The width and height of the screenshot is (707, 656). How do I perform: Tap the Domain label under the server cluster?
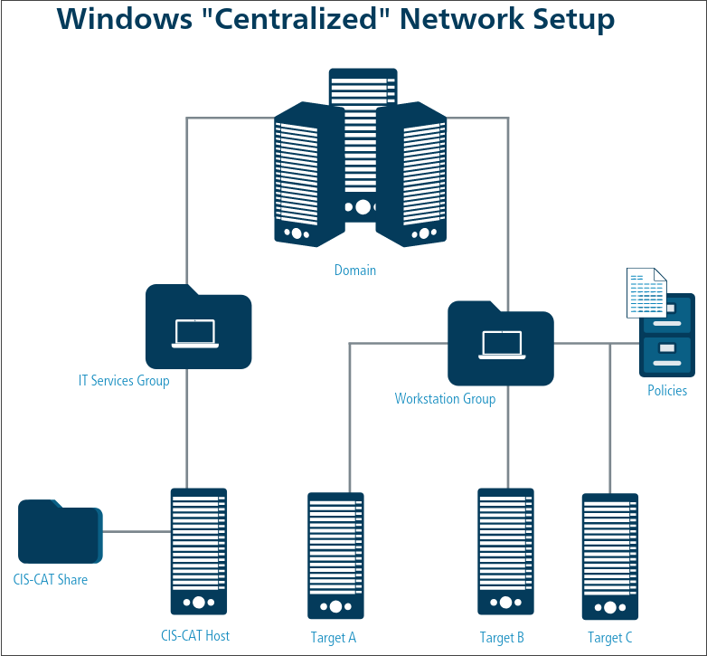pos(355,270)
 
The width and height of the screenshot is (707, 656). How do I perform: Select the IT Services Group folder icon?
pos(198,328)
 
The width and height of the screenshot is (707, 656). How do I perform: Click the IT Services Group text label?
pos(124,381)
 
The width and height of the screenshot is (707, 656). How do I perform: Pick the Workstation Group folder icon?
pos(500,345)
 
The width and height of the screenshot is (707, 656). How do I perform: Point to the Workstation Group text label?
pos(445,398)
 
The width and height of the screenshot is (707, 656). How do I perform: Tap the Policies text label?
pos(667,391)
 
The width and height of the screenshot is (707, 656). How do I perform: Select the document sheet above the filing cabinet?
pos(646,293)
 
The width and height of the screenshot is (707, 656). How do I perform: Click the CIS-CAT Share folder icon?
pos(60,532)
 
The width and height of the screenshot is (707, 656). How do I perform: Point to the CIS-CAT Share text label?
pos(51,579)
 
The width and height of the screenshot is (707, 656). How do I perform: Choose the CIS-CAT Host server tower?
pos(199,551)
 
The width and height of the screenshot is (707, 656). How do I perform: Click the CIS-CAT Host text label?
pos(195,635)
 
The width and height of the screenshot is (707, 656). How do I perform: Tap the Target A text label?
pos(334,638)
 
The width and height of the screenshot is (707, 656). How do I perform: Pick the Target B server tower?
pos(505,551)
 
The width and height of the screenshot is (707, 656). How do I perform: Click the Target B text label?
pos(502,638)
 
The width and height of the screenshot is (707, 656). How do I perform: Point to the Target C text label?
pos(610,638)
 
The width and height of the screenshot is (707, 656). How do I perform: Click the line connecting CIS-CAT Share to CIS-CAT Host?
pos(136,532)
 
